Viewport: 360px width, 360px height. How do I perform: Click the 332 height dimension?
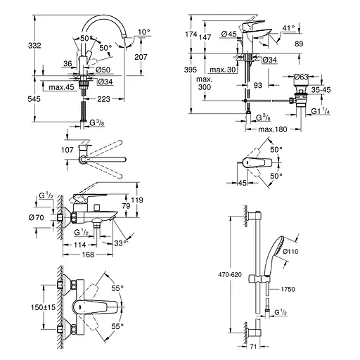tap(34, 46)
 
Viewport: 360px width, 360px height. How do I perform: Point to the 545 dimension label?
tap(34, 99)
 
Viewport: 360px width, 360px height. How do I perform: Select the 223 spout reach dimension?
tap(103, 99)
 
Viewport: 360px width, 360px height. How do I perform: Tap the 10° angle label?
tap(144, 32)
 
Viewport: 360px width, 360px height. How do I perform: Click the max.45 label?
tap(61, 87)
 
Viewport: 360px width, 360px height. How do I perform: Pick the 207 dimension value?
tap(141, 57)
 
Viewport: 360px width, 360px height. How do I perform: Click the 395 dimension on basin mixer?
tap(191, 70)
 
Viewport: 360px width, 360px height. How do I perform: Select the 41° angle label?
tap(288, 28)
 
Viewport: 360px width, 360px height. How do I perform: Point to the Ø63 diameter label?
tap(301, 77)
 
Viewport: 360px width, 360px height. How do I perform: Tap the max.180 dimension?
tap(273, 129)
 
